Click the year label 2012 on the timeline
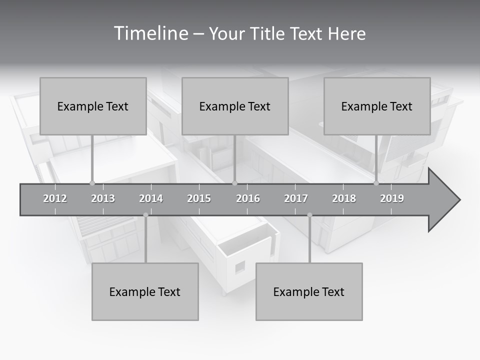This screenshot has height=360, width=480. tap(55, 198)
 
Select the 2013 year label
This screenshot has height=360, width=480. tap(103, 198)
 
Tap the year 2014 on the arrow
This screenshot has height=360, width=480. tap(151, 198)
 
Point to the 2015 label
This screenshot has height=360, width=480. tap(199, 198)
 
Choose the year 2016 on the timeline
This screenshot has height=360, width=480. tap(248, 198)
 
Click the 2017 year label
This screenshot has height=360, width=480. tap(296, 198)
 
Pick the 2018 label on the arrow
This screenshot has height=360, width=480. tap(344, 198)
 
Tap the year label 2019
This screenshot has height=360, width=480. tap(392, 198)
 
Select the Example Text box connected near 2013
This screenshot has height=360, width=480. tap(93, 106)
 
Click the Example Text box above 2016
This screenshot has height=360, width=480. tap(235, 106)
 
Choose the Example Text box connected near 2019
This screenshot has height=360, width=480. tap(377, 106)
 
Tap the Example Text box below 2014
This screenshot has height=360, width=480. tap(145, 291)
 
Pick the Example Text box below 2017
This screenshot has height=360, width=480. tap(309, 291)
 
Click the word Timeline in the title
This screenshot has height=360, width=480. tap(150, 33)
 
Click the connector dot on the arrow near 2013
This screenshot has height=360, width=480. tap(92, 183)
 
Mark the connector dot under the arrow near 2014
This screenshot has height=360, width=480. tap(145, 215)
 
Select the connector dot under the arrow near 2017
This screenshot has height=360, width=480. tap(309, 215)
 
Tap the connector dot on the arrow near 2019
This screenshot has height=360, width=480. tap(376, 183)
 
